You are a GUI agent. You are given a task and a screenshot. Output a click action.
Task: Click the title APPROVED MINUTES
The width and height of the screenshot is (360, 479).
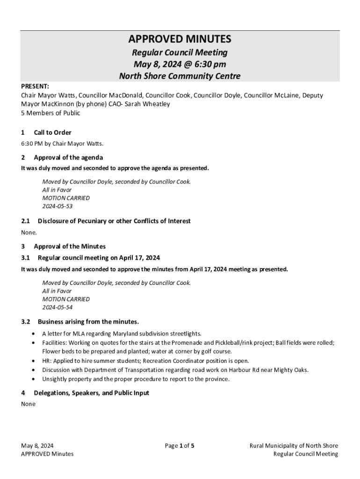(180, 39)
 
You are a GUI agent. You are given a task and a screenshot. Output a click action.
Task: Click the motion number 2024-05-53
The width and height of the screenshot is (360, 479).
(57, 206)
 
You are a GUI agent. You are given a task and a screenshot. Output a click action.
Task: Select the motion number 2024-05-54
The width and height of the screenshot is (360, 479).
(57, 307)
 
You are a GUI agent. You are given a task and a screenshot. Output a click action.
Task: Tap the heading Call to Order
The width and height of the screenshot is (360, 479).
(52, 132)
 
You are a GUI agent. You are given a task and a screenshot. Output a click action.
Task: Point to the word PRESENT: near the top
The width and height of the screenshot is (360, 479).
(35, 87)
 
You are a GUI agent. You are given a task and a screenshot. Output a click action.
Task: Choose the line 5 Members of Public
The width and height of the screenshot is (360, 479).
(50, 113)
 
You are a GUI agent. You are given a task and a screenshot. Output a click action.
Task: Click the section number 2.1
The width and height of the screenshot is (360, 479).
(26, 221)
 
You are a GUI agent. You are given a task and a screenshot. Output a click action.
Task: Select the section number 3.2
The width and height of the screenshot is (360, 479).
(26, 322)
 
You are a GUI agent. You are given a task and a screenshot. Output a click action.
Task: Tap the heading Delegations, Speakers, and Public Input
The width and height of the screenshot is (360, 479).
(91, 393)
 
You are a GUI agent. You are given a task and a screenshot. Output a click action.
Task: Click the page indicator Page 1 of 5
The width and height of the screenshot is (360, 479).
(180, 446)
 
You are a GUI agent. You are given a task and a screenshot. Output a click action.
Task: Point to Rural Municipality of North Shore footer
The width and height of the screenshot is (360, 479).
(294, 446)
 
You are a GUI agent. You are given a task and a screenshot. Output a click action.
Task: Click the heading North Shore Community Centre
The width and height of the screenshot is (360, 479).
(180, 76)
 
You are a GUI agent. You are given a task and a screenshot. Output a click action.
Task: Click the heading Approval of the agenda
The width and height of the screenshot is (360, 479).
(68, 157)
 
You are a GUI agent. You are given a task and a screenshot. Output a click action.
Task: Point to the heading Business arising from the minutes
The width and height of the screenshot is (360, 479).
(88, 322)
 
